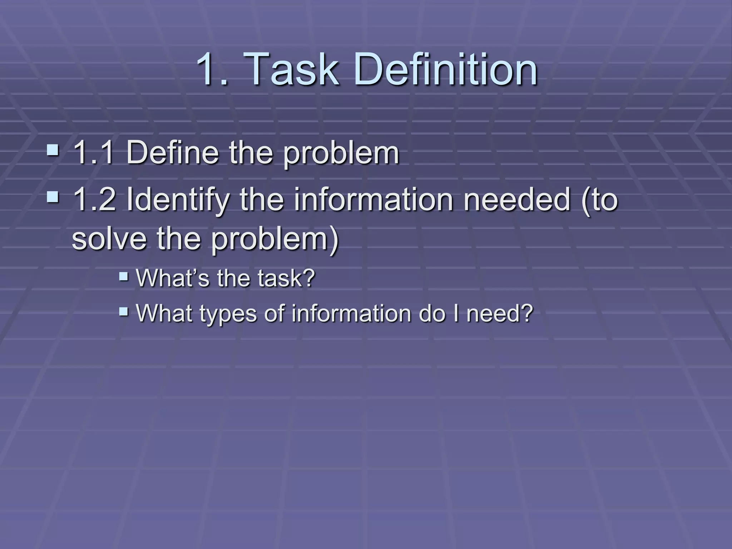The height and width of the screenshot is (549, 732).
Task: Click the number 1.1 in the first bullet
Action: coord(94,153)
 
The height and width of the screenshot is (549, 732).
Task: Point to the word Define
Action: coord(172,153)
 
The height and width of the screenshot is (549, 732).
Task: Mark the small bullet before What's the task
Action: coord(124,276)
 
